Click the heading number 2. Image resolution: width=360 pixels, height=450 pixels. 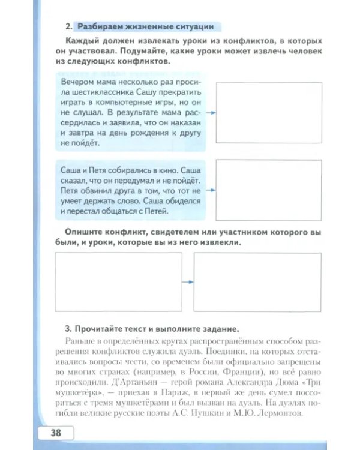68,26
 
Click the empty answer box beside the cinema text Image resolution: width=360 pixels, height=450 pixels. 260,189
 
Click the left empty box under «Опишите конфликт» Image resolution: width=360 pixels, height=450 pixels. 118,281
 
